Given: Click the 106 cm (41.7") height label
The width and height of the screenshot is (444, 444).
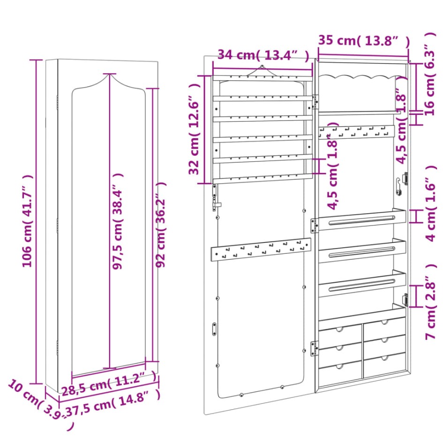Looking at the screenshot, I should (28, 220).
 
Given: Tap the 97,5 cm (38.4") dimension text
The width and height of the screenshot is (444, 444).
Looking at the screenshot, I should (120, 220).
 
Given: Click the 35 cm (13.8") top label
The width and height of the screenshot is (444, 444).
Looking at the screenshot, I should (363, 40).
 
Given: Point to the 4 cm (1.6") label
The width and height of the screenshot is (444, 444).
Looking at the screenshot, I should (429, 209).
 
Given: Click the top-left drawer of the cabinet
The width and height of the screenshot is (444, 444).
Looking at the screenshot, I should (340, 331).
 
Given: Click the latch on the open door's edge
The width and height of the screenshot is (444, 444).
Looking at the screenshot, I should (216, 197).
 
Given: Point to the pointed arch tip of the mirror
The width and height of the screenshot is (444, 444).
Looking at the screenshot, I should (110, 74).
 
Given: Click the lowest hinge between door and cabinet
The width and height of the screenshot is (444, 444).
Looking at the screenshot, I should (314, 348).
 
